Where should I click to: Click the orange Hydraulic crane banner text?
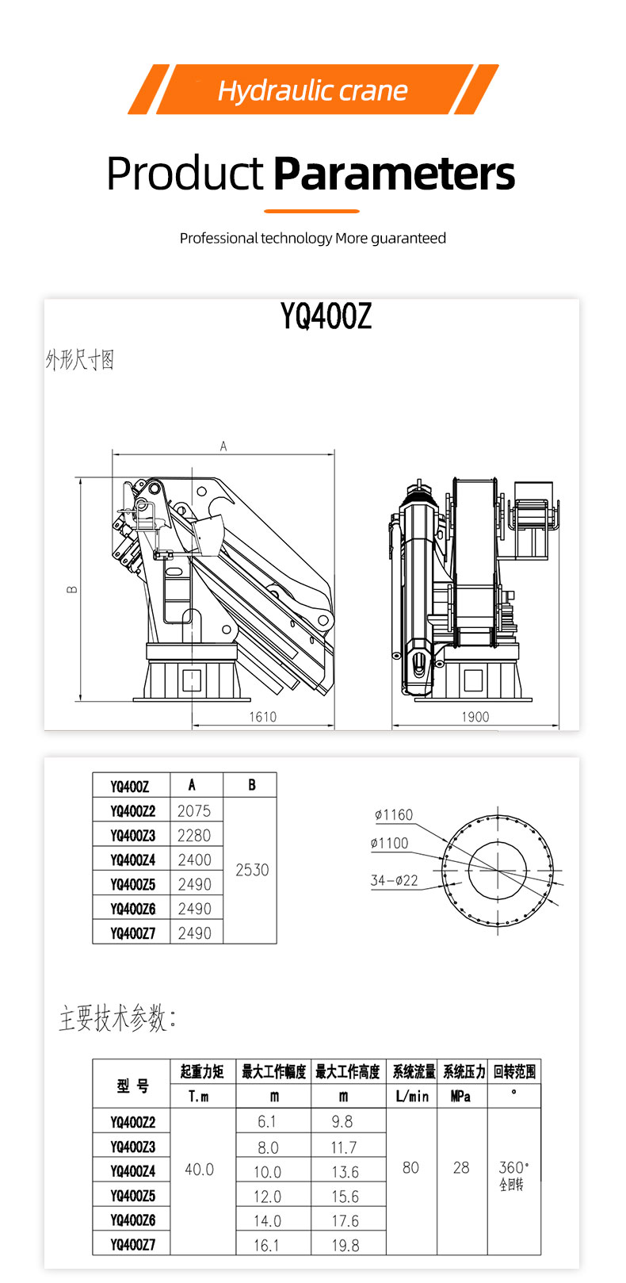(x=312, y=90)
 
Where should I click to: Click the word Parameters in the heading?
(x=394, y=174)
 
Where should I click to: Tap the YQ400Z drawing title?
(x=326, y=316)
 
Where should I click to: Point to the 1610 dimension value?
(x=262, y=717)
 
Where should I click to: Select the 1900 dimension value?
(x=475, y=717)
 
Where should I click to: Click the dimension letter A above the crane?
(x=223, y=446)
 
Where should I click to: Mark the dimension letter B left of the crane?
(x=72, y=589)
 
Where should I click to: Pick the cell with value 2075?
(x=194, y=810)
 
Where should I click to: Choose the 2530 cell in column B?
(x=252, y=870)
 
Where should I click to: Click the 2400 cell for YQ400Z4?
(x=194, y=860)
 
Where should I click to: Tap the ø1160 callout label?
(x=394, y=814)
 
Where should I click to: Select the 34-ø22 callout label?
(x=394, y=880)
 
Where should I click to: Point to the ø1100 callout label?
(x=390, y=843)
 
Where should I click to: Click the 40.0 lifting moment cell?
(x=199, y=1170)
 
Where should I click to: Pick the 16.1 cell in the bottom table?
(x=266, y=1245)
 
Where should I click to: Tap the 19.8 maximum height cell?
(x=345, y=1245)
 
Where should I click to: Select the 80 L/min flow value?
(x=410, y=1168)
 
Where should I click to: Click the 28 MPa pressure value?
(x=461, y=1168)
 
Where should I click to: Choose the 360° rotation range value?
(x=513, y=1168)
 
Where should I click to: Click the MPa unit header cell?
(x=460, y=1097)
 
